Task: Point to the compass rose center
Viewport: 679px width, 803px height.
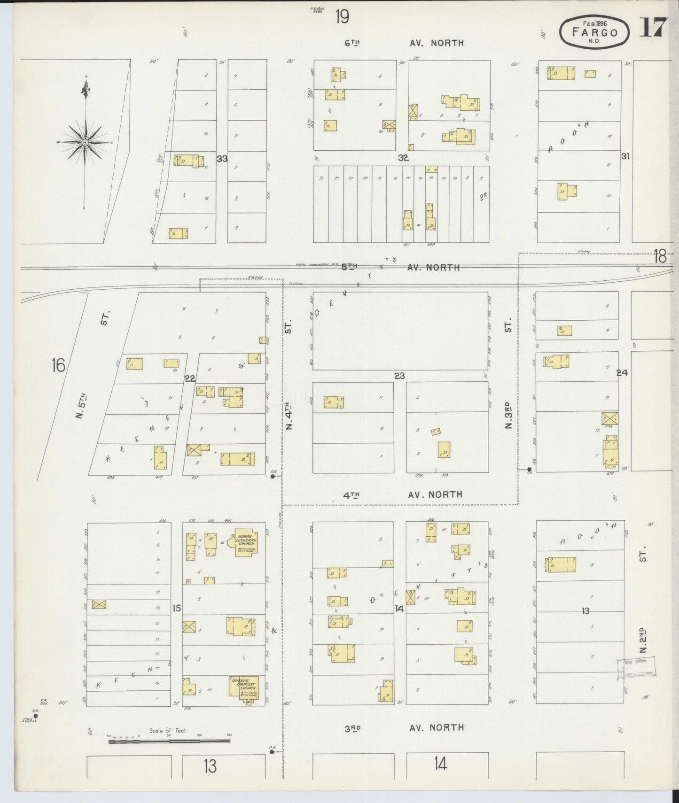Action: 85,142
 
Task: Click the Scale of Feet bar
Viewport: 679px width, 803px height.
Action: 169,741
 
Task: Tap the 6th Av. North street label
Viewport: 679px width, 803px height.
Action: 404,43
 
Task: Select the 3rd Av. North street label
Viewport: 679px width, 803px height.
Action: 404,727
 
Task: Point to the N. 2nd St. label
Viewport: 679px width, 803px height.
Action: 643,639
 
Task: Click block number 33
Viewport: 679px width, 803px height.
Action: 222,159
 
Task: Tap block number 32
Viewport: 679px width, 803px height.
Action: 403,158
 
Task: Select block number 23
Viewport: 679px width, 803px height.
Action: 399,376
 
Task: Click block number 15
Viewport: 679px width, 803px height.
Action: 176,608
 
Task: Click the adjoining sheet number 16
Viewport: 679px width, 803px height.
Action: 58,365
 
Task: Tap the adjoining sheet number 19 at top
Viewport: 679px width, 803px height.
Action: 342,17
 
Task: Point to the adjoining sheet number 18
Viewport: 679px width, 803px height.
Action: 660,256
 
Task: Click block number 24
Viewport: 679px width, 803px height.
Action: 622,373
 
